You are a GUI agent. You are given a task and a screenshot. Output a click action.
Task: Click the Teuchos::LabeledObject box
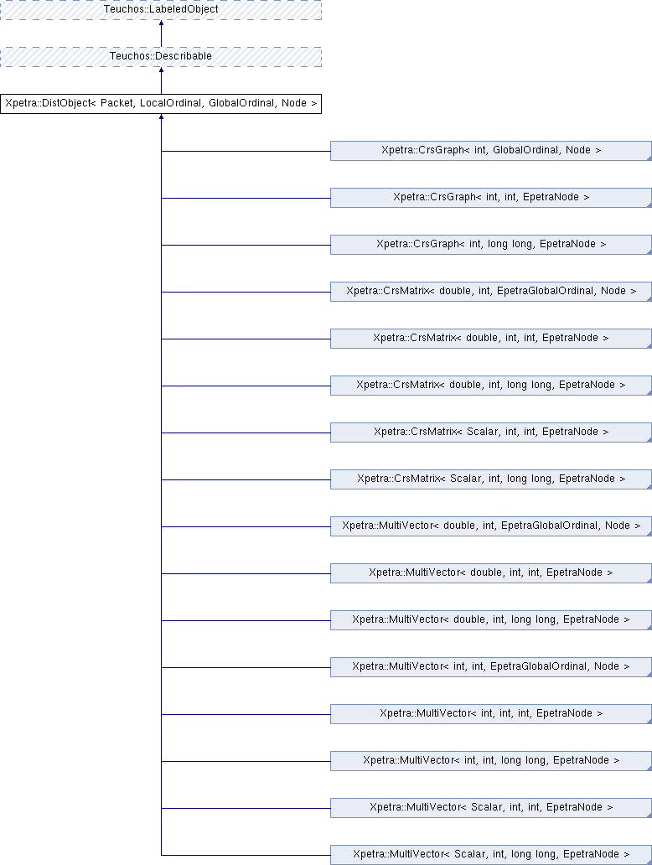161,10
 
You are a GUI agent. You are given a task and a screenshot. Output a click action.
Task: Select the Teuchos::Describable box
161,57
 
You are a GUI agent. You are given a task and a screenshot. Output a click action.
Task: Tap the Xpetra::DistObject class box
161,104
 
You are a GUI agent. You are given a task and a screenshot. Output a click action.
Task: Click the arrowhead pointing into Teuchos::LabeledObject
161,23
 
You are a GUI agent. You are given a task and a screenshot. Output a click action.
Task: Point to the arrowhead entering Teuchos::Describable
161,70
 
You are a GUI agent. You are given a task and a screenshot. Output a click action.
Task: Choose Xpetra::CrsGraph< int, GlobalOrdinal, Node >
491,151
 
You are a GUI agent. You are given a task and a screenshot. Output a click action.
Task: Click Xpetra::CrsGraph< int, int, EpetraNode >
491,198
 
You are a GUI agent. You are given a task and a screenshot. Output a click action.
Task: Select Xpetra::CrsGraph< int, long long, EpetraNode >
491,245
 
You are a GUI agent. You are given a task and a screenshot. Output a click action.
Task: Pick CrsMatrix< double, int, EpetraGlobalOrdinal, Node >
491,292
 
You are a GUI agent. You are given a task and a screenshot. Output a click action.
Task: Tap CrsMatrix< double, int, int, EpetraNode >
491,338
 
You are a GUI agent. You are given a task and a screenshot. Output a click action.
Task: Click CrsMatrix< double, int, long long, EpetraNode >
491,385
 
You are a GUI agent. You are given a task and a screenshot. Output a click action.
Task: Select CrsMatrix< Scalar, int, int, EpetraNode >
491,432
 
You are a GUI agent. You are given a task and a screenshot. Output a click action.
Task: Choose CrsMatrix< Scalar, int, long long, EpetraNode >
491,479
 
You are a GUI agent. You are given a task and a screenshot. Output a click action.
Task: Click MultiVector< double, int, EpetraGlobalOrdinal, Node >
491,526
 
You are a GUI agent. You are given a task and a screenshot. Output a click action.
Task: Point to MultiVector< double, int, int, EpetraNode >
491,572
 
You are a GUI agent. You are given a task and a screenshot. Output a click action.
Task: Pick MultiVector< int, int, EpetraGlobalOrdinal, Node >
491,666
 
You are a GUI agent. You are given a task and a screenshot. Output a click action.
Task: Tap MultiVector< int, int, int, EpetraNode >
491,713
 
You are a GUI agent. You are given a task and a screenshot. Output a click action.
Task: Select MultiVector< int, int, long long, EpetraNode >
491,760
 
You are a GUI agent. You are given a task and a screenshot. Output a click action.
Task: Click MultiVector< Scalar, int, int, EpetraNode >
491,807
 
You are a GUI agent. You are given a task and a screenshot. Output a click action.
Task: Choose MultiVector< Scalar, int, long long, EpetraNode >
491,854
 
